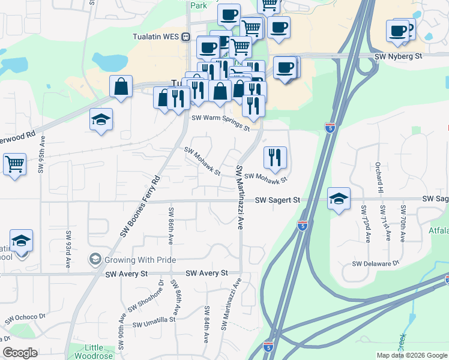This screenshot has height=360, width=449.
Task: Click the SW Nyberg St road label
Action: (x=399, y=56)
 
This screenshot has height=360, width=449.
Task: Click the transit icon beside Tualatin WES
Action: (x=186, y=36)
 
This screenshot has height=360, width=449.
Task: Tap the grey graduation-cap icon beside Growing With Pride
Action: (x=94, y=259)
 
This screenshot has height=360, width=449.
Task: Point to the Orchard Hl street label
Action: (x=379, y=175)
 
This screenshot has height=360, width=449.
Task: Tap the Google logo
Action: (x=20, y=353)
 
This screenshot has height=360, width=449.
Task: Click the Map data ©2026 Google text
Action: (x=411, y=355)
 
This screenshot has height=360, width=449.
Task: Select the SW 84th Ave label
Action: (x=206, y=325)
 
